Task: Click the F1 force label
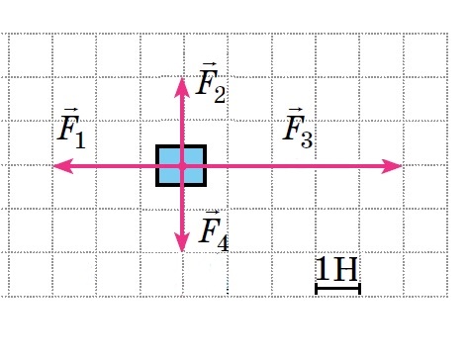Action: pos(71,128)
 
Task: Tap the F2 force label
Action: pos(211,82)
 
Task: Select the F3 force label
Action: pos(298,128)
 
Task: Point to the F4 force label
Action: pos(214,230)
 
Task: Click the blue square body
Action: pos(181,166)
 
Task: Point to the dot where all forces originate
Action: pos(182,166)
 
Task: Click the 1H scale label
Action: pos(336,269)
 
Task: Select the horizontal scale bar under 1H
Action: pos(338,289)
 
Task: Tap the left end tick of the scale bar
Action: pos(317,289)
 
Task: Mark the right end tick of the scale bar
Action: pos(359,289)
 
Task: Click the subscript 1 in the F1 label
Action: pos(80,140)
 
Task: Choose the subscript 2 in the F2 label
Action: pos(220,95)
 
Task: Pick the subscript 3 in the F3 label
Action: pos(307,140)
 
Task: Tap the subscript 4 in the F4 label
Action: pos(223,244)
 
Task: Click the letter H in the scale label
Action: pos(345,269)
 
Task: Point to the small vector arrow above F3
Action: pos(296,110)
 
